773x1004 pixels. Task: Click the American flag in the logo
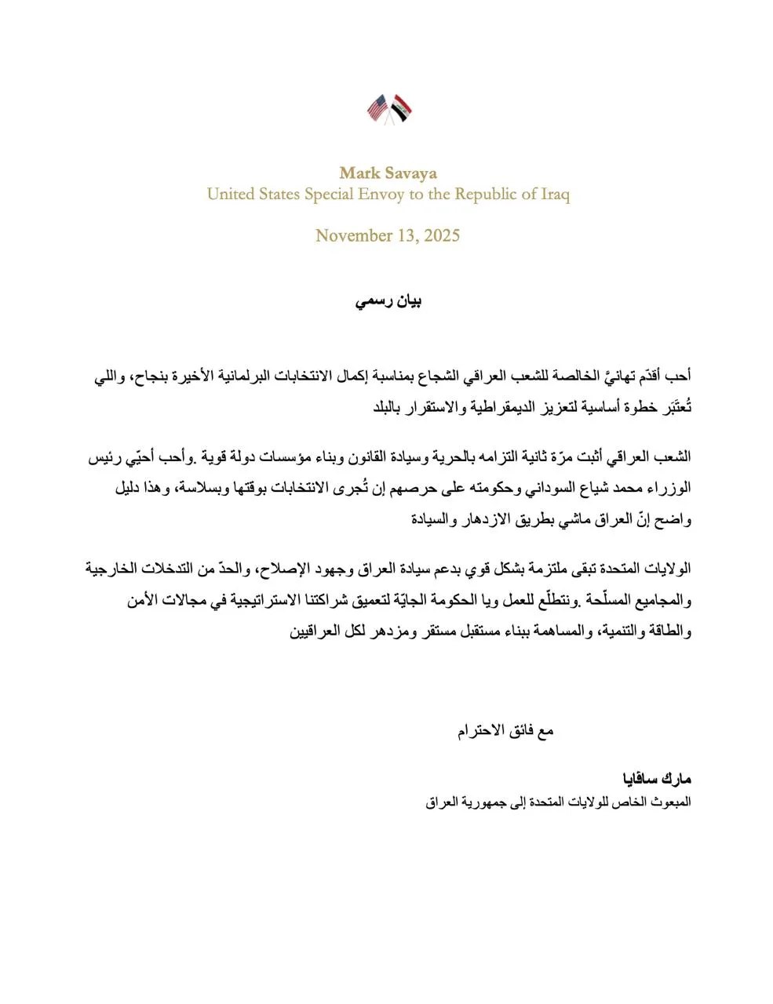pyautogui.click(x=378, y=108)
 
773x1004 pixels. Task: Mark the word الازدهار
pyautogui.click(x=482, y=518)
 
